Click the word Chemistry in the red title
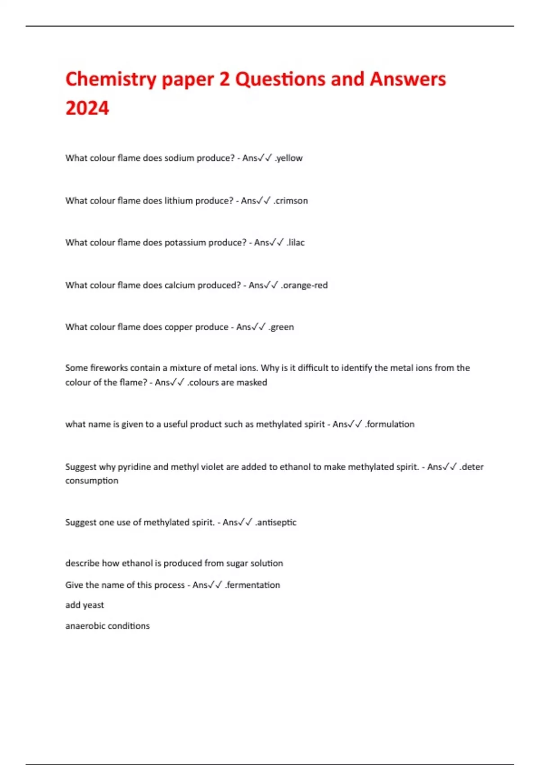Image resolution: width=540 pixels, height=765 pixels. coord(110,80)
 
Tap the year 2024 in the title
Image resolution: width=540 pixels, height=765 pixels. coord(87,108)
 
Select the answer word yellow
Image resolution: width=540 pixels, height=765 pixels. coord(290,158)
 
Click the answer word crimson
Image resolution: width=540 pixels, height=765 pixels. coord(292,201)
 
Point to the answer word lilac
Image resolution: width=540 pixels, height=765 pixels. coord(297,243)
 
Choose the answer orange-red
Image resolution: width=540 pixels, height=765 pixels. coord(305,285)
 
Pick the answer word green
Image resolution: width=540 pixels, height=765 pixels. coord(282,327)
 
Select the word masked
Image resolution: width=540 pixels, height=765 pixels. coord(252,382)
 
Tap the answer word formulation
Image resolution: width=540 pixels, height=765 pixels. coord(391,424)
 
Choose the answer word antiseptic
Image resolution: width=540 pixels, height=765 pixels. coord(277,522)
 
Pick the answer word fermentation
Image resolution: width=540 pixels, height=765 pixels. coord(253,585)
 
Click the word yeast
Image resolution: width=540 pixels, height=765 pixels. coord(93,605)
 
